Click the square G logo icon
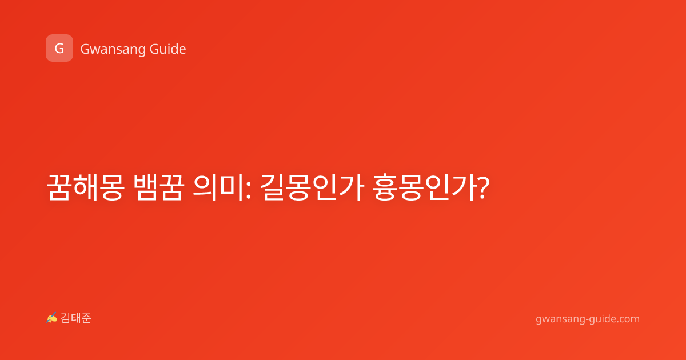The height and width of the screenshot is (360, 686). tap(59, 48)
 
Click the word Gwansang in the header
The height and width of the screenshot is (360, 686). tap(113, 50)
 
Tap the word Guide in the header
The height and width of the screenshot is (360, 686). tap(168, 49)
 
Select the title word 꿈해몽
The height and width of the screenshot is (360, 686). tap(85, 187)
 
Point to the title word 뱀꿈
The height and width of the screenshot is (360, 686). tap(159, 187)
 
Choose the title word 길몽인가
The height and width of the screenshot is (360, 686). tap(312, 187)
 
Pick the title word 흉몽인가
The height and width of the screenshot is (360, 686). tap(424, 187)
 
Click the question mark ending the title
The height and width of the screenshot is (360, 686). tap(483, 188)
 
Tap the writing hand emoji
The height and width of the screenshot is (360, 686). tap(52, 318)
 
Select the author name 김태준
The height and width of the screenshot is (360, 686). tap(76, 318)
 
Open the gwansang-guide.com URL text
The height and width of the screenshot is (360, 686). tap(588, 319)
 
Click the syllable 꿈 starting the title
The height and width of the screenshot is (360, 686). tap(59, 187)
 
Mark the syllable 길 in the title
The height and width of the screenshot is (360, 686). tap(272, 187)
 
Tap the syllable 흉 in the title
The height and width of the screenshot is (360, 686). tap(384, 187)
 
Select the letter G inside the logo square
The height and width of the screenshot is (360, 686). tap(59, 49)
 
